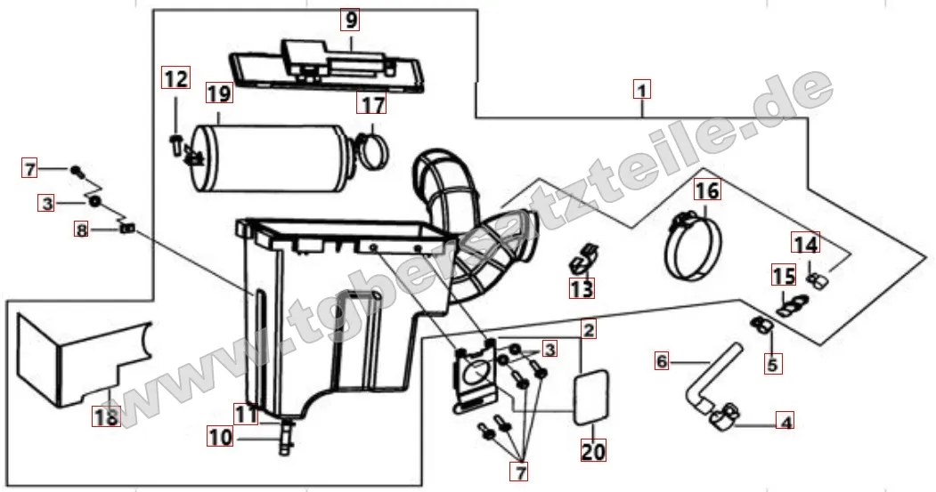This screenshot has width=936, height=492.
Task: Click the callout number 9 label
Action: [350, 19]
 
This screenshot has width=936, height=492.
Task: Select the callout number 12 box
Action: [175, 79]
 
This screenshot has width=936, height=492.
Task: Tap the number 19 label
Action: [218, 93]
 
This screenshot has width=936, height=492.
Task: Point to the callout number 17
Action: [372, 104]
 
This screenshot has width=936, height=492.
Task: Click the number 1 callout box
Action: [642, 89]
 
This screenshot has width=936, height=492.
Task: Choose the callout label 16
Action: [706, 190]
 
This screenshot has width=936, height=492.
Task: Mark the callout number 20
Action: [593, 451]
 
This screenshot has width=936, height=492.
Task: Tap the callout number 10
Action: [220, 437]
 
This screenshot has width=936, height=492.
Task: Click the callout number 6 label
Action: [662, 362]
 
